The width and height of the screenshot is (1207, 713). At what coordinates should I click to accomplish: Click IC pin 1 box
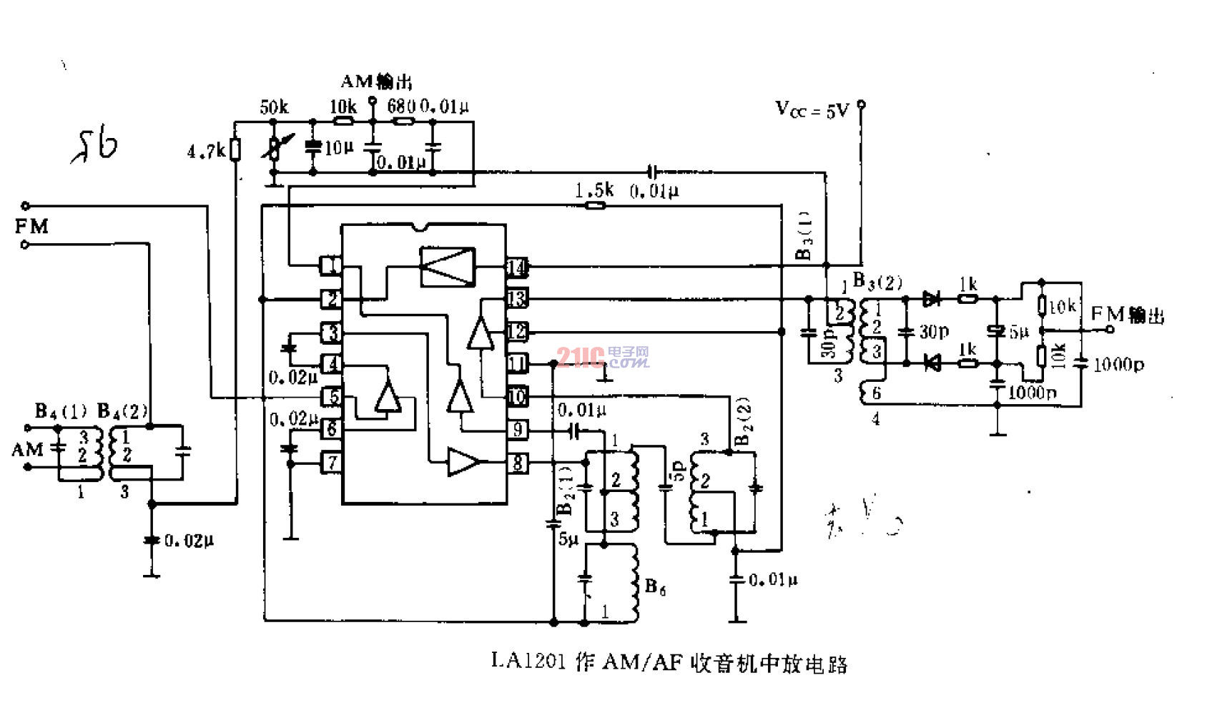coord(331,266)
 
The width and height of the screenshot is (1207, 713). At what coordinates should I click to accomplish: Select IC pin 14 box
coord(517,267)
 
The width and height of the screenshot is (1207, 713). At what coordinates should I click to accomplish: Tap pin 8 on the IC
coord(517,463)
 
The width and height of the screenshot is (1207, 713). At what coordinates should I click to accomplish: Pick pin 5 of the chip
coord(332,396)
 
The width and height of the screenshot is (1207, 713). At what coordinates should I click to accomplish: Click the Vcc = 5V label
coord(812,109)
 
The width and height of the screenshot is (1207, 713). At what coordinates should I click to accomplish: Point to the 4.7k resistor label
coord(206,152)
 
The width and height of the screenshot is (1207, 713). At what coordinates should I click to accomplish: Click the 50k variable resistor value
coord(274,107)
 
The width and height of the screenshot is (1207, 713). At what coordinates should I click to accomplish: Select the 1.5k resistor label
coord(593,190)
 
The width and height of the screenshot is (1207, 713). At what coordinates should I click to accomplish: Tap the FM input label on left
coord(31,227)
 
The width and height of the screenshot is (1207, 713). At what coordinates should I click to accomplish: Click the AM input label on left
coord(27,450)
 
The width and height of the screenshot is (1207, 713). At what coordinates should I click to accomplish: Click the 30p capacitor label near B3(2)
coord(934,331)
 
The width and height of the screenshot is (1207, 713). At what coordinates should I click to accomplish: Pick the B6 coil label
coord(655,587)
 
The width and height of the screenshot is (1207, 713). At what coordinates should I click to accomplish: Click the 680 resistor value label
coord(401,107)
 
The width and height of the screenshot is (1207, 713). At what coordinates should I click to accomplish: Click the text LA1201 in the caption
coord(529,662)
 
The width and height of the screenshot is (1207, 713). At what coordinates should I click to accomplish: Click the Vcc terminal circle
coord(862,104)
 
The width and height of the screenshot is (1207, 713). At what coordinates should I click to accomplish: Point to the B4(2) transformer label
coord(122,411)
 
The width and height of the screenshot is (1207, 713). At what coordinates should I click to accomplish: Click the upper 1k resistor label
coord(968,284)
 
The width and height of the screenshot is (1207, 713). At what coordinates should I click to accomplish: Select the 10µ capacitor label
coord(339,148)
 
